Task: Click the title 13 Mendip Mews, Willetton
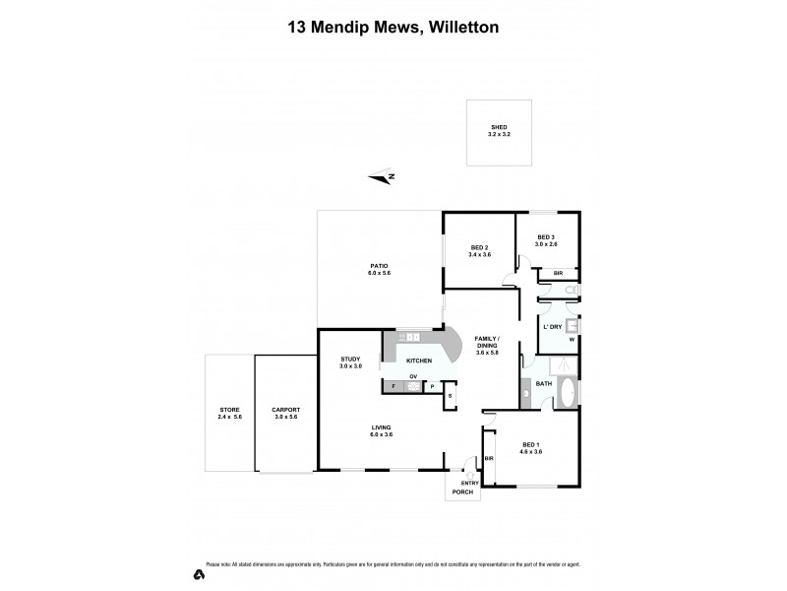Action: coord(393,28)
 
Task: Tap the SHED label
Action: coord(499,127)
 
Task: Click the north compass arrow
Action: coord(382,177)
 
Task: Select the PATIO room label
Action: coord(379,265)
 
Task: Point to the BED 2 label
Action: coord(479,247)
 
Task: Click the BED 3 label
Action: coord(546,236)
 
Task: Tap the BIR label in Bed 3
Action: coord(558,273)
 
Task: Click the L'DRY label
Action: coord(552,327)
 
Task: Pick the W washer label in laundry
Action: coord(571,341)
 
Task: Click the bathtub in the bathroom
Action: coord(567,392)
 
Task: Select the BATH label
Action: coord(544,383)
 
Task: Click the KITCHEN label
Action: coord(420,361)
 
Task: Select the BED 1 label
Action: coord(530,447)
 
